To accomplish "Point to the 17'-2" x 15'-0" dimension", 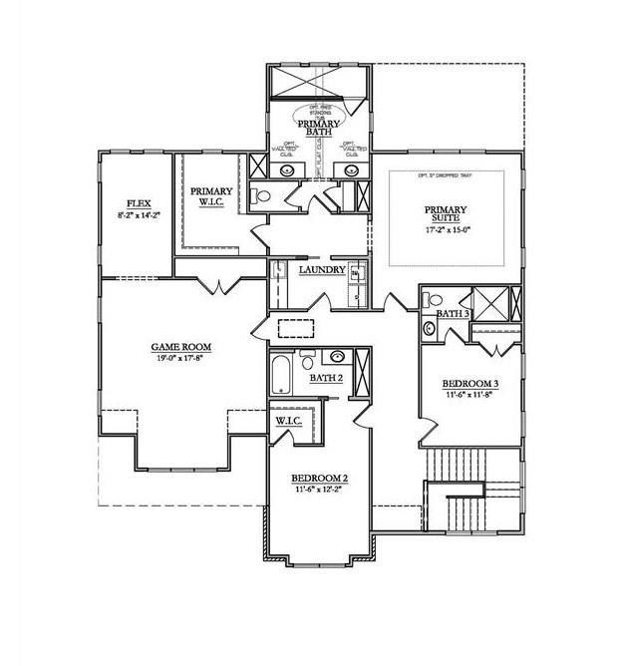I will (x=446, y=230).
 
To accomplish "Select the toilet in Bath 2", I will (x=306, y=356).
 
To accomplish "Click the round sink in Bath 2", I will (x=338, y=356).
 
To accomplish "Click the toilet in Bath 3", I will (x=430, y=327).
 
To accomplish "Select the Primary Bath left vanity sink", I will (x=288, y=169).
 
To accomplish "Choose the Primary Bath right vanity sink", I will (x=351, y=169).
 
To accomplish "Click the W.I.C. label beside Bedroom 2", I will (x=289, y=421).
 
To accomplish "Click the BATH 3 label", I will (x=454, y=314).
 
